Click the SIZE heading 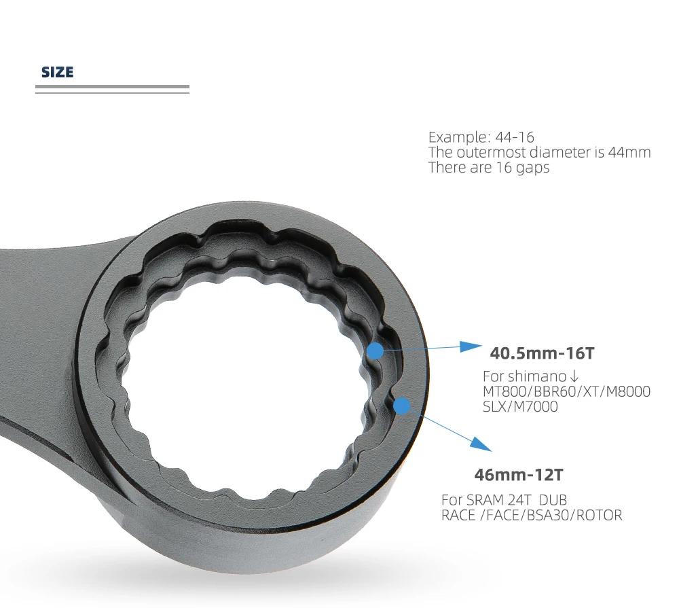57,72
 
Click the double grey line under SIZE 112,89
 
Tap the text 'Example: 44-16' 481,137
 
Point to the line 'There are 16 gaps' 488,167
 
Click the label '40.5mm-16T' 543,353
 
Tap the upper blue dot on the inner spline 375,351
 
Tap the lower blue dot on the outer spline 402,406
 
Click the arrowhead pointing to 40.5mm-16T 469,346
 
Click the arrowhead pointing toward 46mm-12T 480,443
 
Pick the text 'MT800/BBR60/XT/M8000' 566,391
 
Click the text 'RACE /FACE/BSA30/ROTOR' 531,515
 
